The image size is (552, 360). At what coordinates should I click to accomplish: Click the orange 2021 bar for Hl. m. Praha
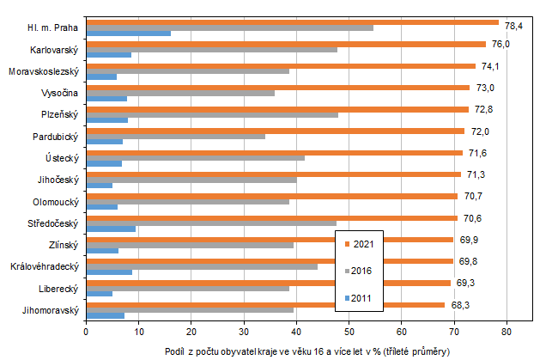[x=292, y=22]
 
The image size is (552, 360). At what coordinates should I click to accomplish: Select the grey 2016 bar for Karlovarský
[x=212, y=50]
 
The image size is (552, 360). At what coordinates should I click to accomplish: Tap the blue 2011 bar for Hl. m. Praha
[x=129, y=34]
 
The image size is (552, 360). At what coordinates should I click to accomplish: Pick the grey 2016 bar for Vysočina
[x=180, y=93]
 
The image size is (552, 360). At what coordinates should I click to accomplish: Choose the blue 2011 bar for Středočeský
[x=111, y=229]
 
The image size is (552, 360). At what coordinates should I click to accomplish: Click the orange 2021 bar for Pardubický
[x=275, y=131]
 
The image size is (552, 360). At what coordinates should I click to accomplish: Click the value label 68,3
[x=461, y=305]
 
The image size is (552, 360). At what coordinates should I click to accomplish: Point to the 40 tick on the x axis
[x=297, y=328]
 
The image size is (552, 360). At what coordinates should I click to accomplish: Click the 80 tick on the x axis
[x=507, y=328]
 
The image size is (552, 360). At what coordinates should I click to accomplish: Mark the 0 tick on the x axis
[x=87, y=328]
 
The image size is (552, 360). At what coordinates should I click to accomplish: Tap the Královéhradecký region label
[x=45, y=266]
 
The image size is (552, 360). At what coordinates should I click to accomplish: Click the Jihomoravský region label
[x=51, y=309]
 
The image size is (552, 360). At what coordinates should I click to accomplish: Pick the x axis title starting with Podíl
[x=306, y=352]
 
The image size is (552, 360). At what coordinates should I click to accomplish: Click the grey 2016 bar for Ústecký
[x=196, y=158]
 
